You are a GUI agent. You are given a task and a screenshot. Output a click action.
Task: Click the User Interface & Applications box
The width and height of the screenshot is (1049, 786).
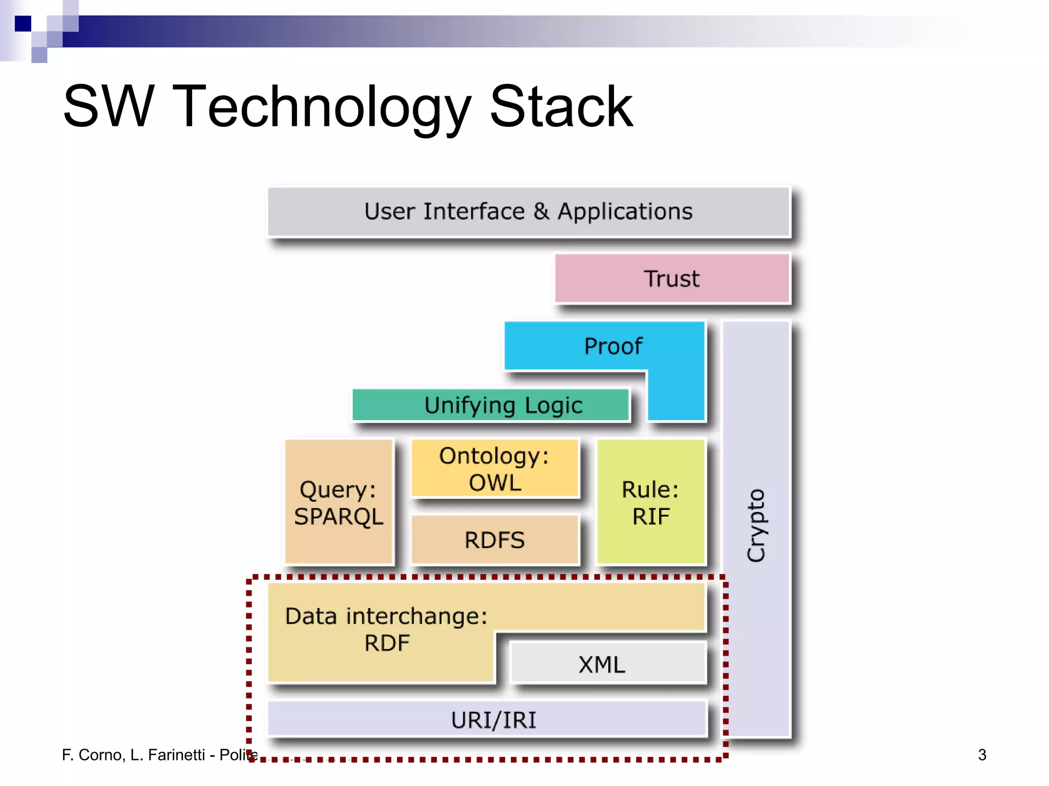pyautogui.click(x=529, y=212)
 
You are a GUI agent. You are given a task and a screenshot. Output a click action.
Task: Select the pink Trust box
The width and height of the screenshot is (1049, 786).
pyautogui.click(x=672, y=279)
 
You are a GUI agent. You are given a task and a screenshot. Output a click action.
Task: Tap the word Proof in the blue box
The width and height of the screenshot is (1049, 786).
pyautogui.click(x=613, y=346)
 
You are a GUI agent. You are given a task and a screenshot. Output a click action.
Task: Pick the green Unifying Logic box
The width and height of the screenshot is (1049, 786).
pyautogui.click(x=491, y=405)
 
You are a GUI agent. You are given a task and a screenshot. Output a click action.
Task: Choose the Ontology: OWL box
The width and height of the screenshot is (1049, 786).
pyautogui.click(x=495, y=469)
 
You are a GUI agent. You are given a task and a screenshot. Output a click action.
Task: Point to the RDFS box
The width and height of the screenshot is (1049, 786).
pyautogui.click(x=495, y=540)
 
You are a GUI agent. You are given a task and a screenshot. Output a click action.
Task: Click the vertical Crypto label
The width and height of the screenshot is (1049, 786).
pyautogui.click(x=756, y=526)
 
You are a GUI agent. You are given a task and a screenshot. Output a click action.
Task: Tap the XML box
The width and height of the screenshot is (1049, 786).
pyautogui.click(x=602, y=665)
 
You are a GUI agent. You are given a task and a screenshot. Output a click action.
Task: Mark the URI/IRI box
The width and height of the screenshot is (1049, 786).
pyautogui.click(x=493, y=720)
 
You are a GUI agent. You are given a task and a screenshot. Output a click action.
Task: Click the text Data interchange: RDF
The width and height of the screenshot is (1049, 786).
pyautogui.click(x=386, y=629)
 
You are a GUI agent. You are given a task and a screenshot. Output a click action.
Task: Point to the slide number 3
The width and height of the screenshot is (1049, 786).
pyautogui.click(x=982, y=755)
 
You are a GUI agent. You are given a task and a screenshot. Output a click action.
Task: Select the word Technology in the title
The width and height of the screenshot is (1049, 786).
pyautogui.click(x=322, y=107)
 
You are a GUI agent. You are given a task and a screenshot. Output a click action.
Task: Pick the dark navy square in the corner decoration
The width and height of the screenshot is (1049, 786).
pyautogui.click(x=23, y=24)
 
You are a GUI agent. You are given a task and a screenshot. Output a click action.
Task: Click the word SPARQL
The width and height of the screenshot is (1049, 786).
pyautogui.click(x=339, y=517)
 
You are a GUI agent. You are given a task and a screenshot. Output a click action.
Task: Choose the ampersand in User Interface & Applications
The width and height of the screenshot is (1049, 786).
pyautogui.click(x=541, y=212)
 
